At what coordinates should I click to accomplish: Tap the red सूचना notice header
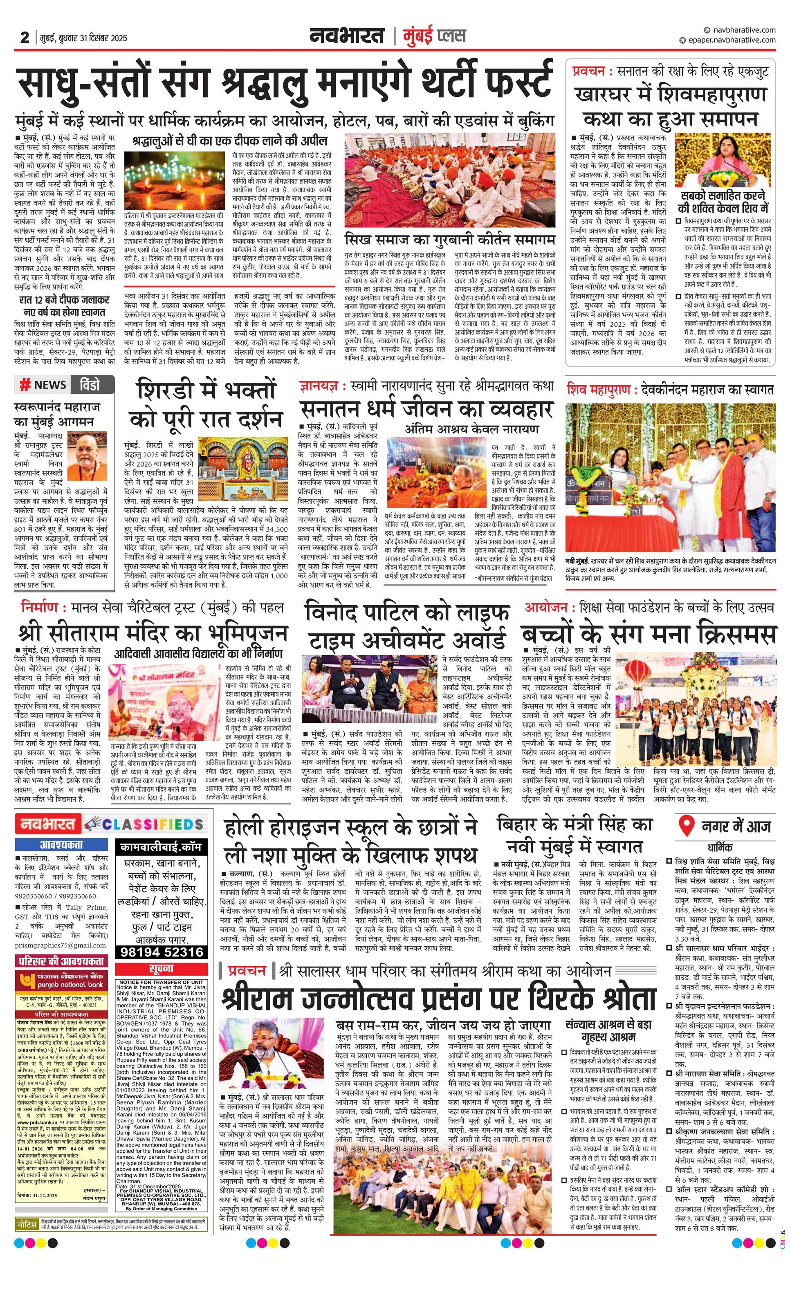pos(161,968)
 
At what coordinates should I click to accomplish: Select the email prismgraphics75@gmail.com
pos(61,945)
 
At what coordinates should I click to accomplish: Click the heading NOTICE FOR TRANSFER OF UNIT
pos(161,978)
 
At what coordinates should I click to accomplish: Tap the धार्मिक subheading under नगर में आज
pos(720,848)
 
